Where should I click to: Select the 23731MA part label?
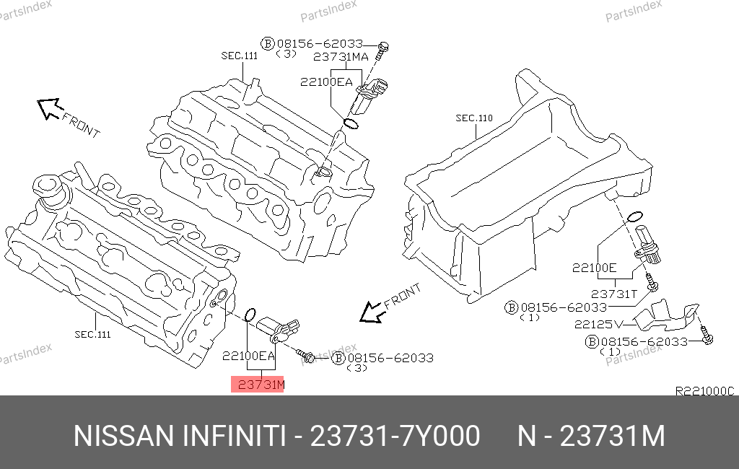click(341, 57)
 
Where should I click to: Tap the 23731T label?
click(614, 294)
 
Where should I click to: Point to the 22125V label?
click(598, 324)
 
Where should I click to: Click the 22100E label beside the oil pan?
click(595, 268)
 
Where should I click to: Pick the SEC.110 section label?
click(474, 118)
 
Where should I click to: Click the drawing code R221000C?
click(704, 391)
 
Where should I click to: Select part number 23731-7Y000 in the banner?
click(395, 436)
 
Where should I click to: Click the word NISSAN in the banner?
click(124, 436)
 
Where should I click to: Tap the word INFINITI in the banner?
click(234, 436)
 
